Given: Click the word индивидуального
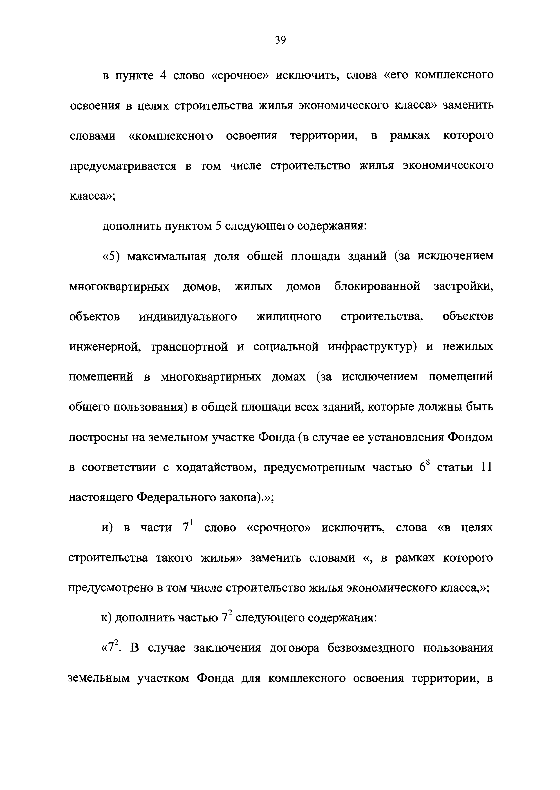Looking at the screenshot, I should [x=188, y=317].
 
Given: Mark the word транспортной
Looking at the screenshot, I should [x=189, y=347].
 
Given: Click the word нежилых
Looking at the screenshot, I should [x=468, y=347].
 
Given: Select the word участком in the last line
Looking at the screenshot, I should [x=164, y=678].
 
